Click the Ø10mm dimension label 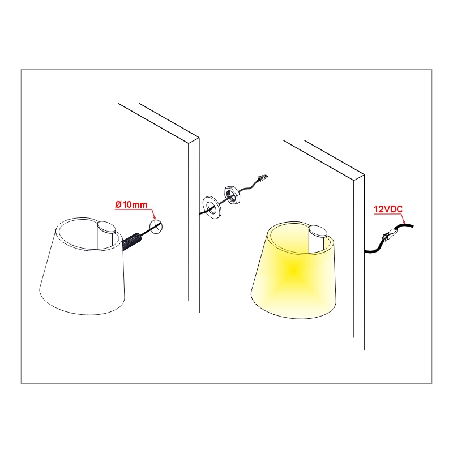131,204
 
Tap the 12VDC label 388,209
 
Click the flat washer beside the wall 212,207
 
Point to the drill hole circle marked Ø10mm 156,226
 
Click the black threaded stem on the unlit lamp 131,241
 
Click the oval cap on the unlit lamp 106,227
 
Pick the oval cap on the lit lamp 318,231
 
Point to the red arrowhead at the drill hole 154,217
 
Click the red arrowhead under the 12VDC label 404,221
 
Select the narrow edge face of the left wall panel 194,225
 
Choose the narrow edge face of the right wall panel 359,262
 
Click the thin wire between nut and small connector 248,188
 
